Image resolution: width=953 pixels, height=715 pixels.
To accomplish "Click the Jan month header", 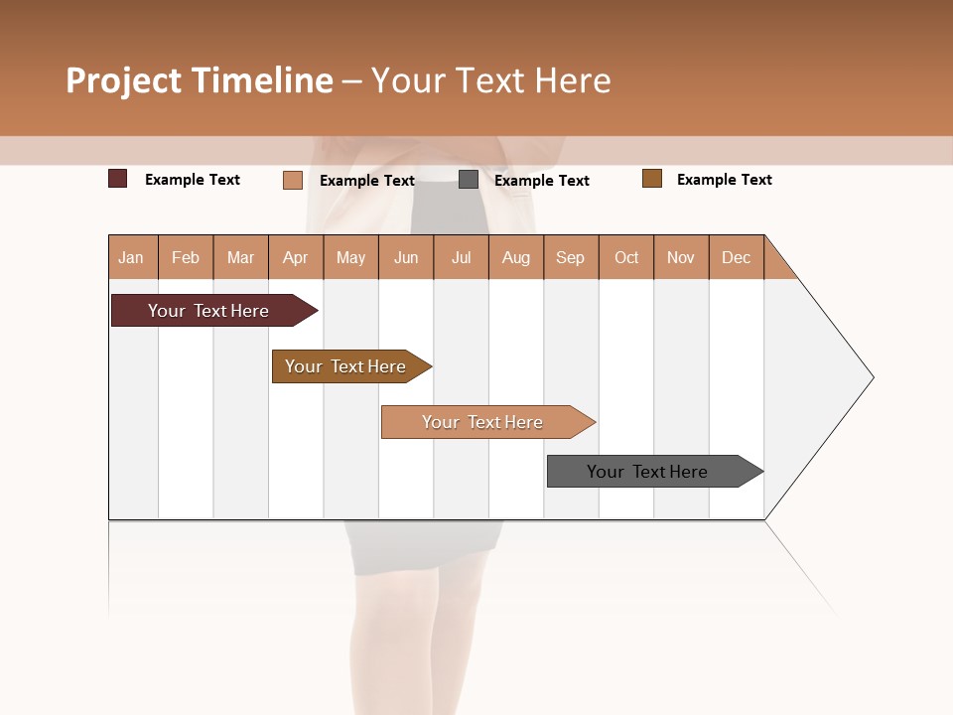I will (131, 257).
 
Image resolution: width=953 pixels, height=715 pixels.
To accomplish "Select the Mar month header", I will (240, 257).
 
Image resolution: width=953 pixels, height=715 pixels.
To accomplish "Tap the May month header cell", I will (350, 257).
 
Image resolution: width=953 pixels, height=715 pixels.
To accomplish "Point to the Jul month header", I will (461, 257).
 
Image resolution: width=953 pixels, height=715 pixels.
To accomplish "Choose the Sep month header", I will (570, 257).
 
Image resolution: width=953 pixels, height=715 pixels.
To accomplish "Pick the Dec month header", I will (736, 257).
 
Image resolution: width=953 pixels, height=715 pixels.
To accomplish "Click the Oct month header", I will (626, 257).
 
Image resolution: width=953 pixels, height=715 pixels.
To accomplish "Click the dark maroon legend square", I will (118, 179).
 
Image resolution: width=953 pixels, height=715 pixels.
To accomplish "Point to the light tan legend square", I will (293, 180).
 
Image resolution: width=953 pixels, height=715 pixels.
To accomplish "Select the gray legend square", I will (469, 180).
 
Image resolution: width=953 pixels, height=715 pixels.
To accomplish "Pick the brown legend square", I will (652, 179).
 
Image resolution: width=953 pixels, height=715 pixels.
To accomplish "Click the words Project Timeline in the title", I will (200, 80).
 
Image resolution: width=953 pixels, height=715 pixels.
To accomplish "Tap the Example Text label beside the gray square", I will (541, 181).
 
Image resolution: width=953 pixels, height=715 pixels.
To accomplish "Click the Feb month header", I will (186, 257).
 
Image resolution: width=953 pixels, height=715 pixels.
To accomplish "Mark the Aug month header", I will (515, 257).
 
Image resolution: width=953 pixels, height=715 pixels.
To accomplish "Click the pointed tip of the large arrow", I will (871, 377).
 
